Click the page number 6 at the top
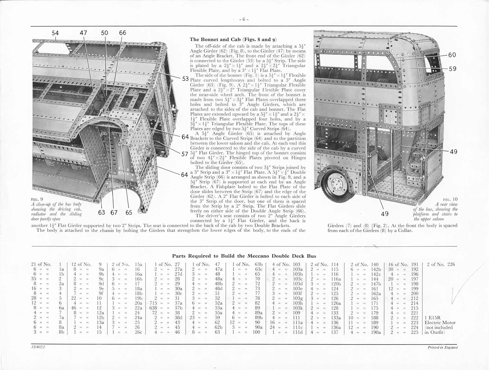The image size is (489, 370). [x=244, y=19]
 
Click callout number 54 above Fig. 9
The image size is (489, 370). [x=55, y=33]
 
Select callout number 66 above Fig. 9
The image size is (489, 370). [x=123, y=33]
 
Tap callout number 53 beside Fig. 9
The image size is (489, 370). [x=186, y=79]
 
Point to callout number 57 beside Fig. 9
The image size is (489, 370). [x=185, y=154]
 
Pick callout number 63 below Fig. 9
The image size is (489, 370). [x=102, y=213]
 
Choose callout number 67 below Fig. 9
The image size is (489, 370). [x=114, y=213]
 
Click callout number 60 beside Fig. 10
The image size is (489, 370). [x=452, y=55]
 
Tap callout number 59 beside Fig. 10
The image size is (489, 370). [x=452, y=69]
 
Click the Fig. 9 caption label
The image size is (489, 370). [x=37, y=199]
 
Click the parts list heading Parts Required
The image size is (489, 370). [x=244, y=256]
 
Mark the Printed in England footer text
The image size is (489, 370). [x=443, y=347]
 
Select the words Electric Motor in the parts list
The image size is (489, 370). [x=440, y=323]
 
